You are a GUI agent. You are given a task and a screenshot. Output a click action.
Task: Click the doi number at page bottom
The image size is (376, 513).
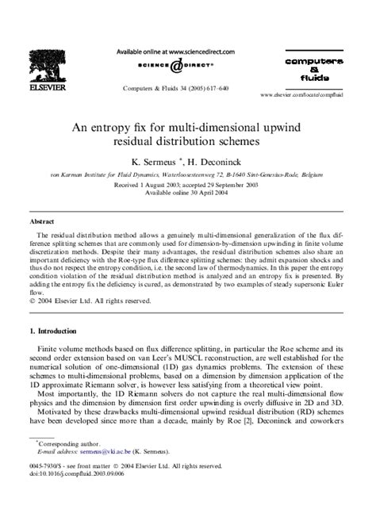[75, 493]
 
